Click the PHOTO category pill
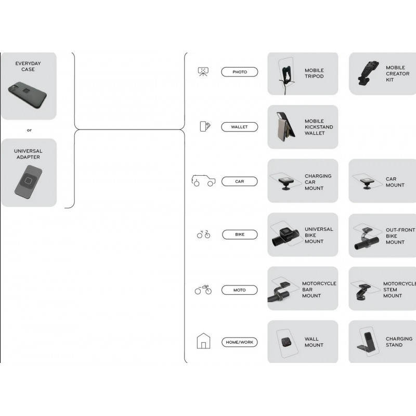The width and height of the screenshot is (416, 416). tap(240, 72)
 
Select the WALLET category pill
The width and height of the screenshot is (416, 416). tap(239, 127)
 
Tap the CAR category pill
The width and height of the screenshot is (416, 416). tap(239, 181)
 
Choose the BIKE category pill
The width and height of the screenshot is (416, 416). tap(240, 235)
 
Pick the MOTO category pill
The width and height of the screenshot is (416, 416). tap(240, 290)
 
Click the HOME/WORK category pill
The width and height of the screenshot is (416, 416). tap(239, 342)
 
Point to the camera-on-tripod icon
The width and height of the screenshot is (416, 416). tap(203, 72)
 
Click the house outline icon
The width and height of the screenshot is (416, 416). tap(203, 341)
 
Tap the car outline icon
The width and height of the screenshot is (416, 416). tap(203, 181)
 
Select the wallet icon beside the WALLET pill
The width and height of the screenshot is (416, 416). tap(205, 127)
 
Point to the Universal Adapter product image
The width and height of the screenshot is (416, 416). tap(29, 183)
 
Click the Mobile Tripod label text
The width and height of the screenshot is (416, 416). tap(314, 73)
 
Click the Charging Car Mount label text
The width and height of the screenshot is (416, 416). tap(318, 182)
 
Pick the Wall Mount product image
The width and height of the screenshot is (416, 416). tap(285, 342)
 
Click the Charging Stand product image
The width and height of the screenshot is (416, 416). tap(366, 343)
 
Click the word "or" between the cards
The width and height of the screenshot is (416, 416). tap(29, 130)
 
